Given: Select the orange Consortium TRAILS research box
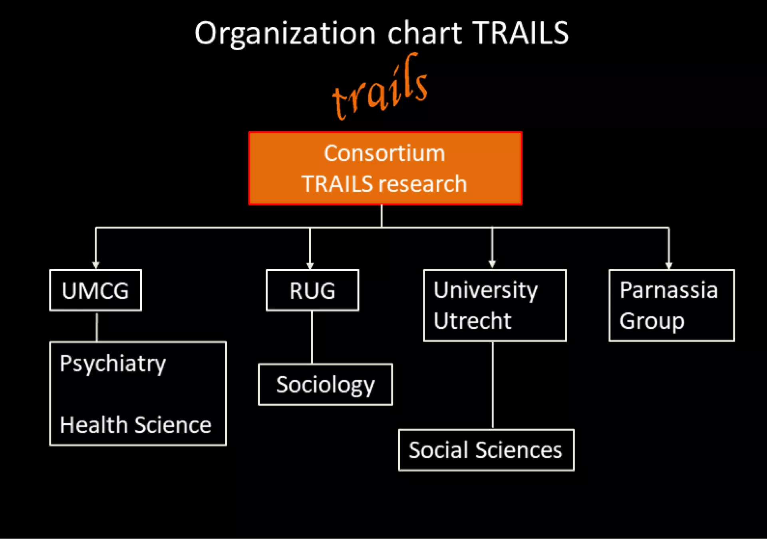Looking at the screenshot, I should click(385, 168).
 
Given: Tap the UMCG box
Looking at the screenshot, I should click(95, 290).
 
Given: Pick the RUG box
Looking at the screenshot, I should click(312, 290).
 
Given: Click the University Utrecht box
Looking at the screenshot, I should click(495, 306).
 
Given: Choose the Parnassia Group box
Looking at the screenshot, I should click(672, 306).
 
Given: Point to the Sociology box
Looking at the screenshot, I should click(326, 385).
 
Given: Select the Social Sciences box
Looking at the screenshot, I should click(486, 450).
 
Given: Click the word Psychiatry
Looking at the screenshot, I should click(113, 364).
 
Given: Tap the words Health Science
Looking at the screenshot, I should click(135, 425).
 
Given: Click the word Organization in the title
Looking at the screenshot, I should click(285, 34).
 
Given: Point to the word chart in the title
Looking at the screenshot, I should click(425, 34).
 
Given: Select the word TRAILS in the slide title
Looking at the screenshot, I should click(521, 33).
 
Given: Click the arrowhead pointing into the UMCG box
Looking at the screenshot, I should click(95, 265).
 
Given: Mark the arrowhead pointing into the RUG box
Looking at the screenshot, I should click(310, 265).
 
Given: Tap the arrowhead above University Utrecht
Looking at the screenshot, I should click(492, 264).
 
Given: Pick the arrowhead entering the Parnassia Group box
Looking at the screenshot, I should click(669, 265).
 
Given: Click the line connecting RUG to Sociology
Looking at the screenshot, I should click(312, 337).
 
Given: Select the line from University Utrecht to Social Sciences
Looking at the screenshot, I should click(493, 385).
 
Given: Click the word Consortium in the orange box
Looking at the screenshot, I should click(384, 153).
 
